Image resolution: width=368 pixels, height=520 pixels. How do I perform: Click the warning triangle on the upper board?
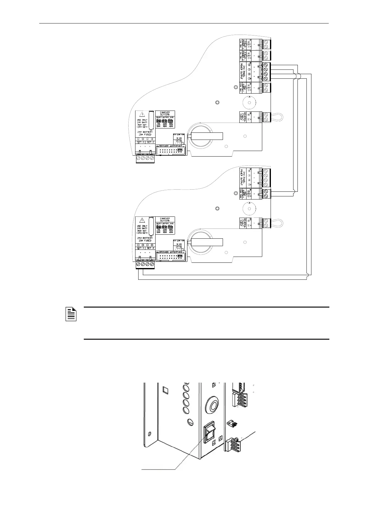click(142, 114)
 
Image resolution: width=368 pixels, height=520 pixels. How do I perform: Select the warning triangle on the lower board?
click(142, 220)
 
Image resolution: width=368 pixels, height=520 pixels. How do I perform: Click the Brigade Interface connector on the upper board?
click(171, 151)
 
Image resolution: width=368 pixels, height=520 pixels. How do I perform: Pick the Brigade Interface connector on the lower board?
click(171, 257)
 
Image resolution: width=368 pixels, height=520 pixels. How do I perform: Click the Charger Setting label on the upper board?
click(165, 113)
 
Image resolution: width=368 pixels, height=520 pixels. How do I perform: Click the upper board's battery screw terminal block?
click(145, 158)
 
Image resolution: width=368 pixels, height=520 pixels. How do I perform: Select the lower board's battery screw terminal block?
click(145, 265)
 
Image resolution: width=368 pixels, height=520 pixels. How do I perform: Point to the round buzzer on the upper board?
click(247, 102)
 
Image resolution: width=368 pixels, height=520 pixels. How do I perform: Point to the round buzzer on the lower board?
click(247, 209)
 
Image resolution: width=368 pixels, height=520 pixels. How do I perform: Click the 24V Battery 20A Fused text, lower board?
click(145, 239)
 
